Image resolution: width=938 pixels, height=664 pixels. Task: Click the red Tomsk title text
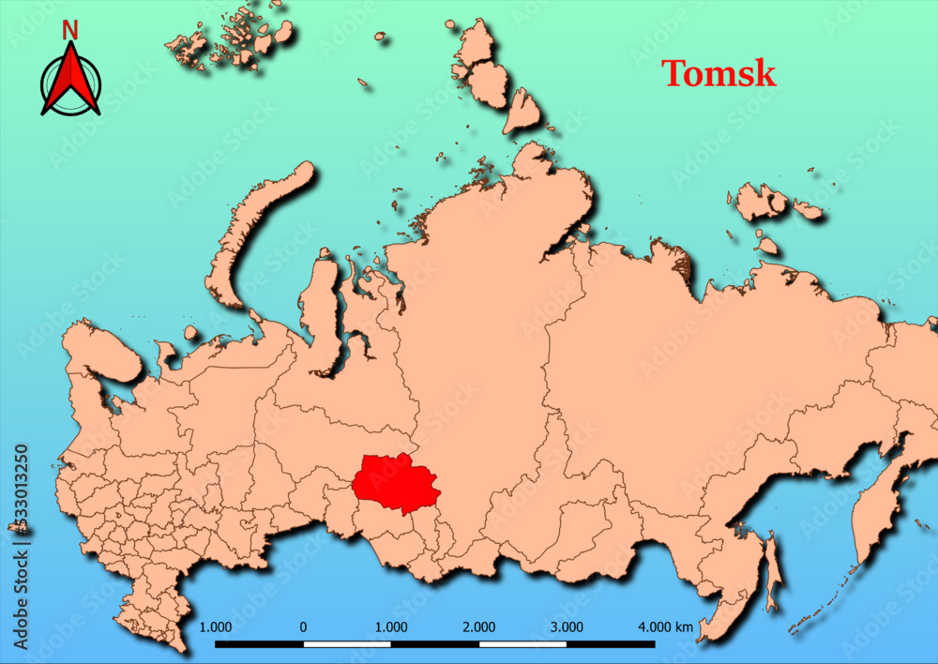[x=719, y=73]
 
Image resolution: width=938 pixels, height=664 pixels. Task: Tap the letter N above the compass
[x=70, y=30]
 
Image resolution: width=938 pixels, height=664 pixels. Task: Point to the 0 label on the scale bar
[x=303, y=627]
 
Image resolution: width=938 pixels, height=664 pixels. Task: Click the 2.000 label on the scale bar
[x=479, y=627]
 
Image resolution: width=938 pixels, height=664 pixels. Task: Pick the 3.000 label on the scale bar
[x=567, y=627]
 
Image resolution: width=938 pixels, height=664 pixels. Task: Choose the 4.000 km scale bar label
[x=665, y=627]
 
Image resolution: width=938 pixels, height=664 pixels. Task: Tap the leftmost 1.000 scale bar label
[x=216, y=627]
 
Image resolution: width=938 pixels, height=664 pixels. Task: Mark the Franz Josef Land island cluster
[x=230, y=38]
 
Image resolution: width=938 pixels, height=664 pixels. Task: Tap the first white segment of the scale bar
[x=347, y=644]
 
